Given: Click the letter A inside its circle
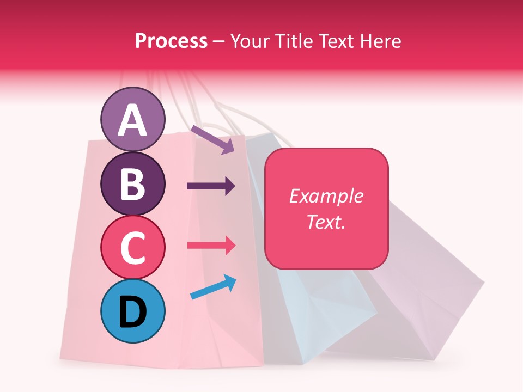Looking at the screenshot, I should [132, 120].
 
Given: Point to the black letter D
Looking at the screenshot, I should [132, 313].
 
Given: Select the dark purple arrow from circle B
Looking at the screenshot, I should [211, 186].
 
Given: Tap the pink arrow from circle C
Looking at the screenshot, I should [211, 245].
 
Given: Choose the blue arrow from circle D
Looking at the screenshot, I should [213, 287].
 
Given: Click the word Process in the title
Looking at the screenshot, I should [171, 41].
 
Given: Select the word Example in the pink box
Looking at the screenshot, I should [326, 196].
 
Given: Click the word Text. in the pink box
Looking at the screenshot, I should [326, 222].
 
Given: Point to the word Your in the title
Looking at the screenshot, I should [249, 41].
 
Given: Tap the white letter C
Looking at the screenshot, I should [132, 248].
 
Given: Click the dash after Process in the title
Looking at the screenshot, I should [218, 41].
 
